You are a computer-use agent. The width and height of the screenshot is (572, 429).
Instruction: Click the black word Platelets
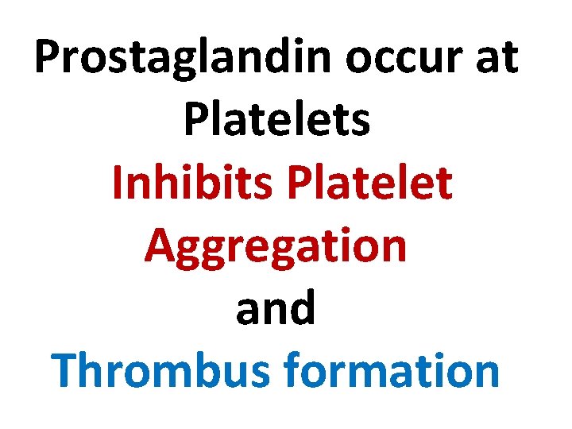(x=276, y=121)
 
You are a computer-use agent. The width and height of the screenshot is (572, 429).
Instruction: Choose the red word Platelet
(x=371, y=183)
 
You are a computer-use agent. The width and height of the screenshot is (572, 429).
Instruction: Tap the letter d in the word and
(x=302, y=307)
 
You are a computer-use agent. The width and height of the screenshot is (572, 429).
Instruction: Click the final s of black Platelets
(x=361, y=124)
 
